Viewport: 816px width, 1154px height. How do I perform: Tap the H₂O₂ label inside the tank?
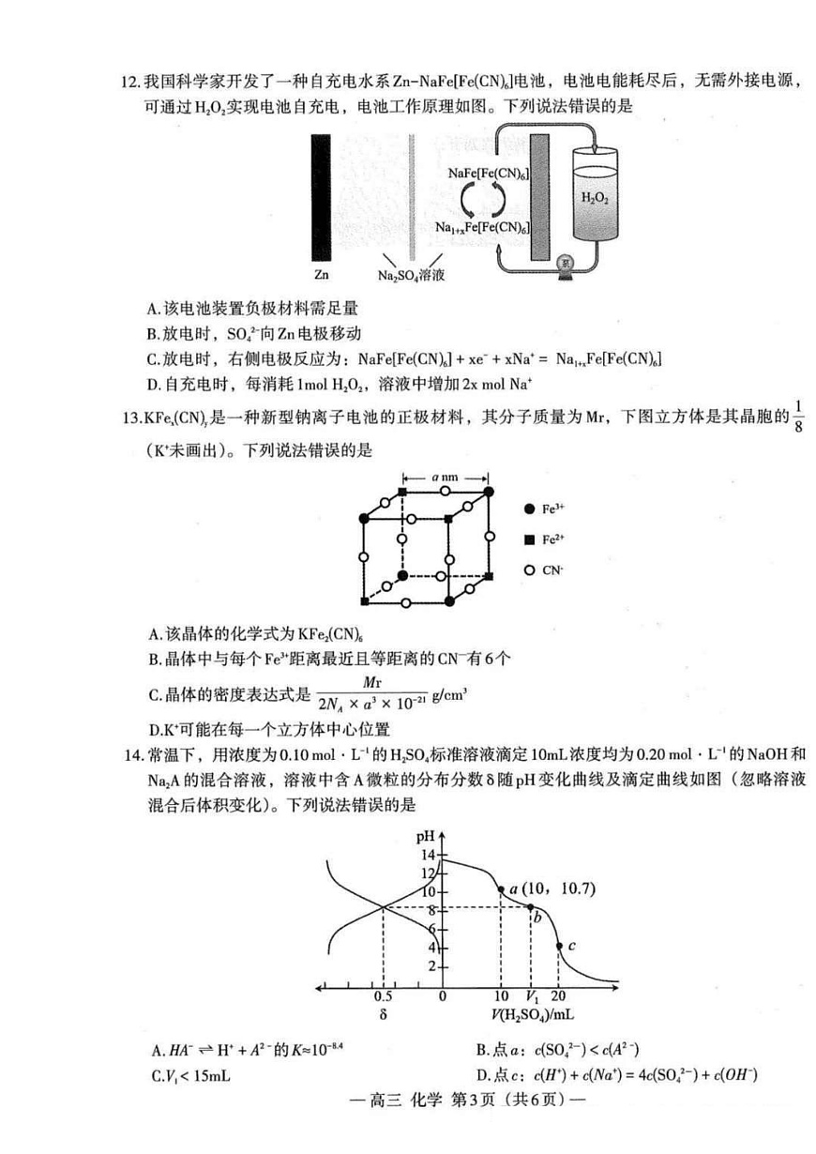(595, 199)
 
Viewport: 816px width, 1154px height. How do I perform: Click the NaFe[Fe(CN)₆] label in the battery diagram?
(488, 174)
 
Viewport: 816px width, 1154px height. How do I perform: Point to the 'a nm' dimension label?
(445, 477)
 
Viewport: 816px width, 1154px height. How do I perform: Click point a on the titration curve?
(502, 889)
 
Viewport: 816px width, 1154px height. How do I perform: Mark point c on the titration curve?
(559, 946)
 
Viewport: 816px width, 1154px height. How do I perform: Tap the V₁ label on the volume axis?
(532, 996)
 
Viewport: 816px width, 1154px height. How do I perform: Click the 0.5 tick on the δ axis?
(383, 996)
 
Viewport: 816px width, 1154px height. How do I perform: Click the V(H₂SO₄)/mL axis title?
(532, 1014)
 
